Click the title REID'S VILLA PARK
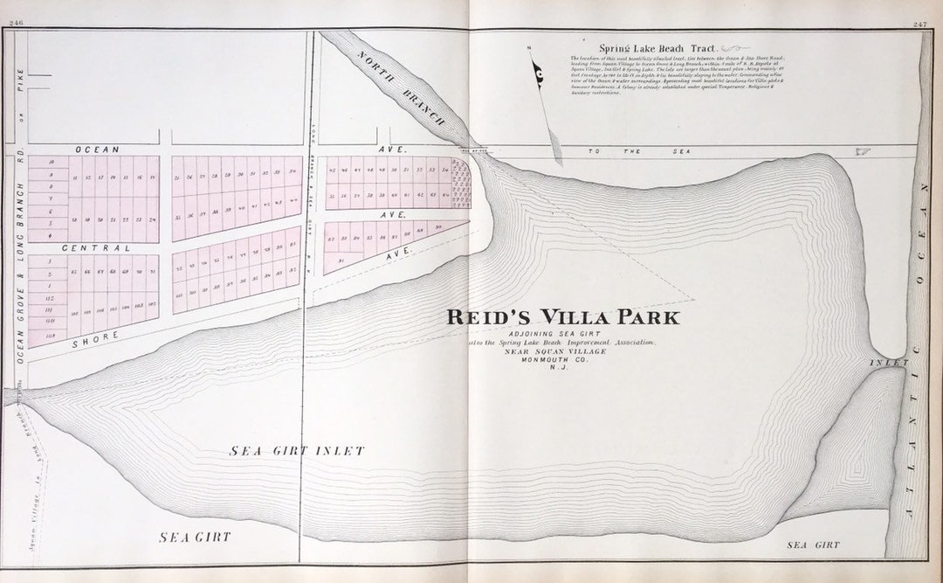coord(562,317)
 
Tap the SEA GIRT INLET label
coord(297,451)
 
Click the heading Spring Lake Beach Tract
coord(660,48)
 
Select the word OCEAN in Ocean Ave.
coord(97,149)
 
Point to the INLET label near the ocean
coord(889,362)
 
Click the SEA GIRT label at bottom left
coord(195,537)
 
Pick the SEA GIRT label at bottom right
coord(813,545)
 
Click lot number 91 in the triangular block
coord(341,260)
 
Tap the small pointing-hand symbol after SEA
coord(863,152)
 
